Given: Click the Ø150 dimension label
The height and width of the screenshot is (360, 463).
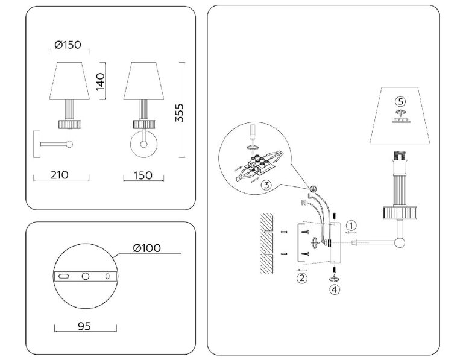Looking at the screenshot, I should coord(68,45).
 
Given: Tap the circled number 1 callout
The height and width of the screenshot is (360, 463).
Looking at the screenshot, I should coord(351,226).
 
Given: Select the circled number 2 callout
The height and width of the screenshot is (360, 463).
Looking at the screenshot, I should coord(302,277).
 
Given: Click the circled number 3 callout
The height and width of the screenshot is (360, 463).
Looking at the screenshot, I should coord(266,185).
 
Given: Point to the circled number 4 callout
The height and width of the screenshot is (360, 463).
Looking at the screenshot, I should coord(333,289).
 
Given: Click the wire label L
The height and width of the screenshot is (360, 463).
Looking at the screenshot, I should coord(309,196).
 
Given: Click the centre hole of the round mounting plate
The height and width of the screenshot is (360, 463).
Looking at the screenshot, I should coord(86,276).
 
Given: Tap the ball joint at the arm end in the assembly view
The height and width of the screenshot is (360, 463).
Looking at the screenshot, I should coord(398,244).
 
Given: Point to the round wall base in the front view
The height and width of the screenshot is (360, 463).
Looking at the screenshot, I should coord(143,144).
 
